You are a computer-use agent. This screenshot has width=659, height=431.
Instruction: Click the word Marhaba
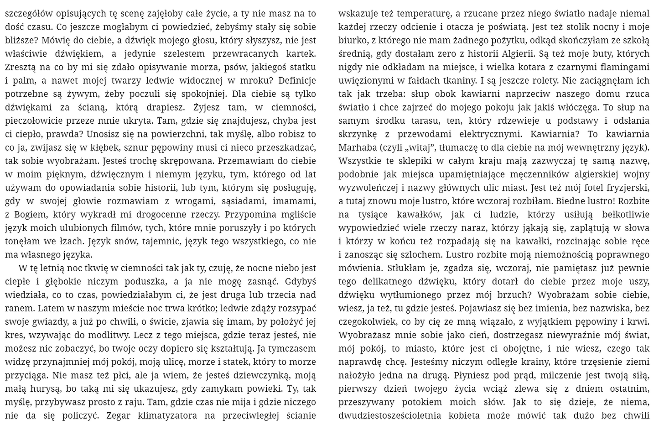tap(358, 148)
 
